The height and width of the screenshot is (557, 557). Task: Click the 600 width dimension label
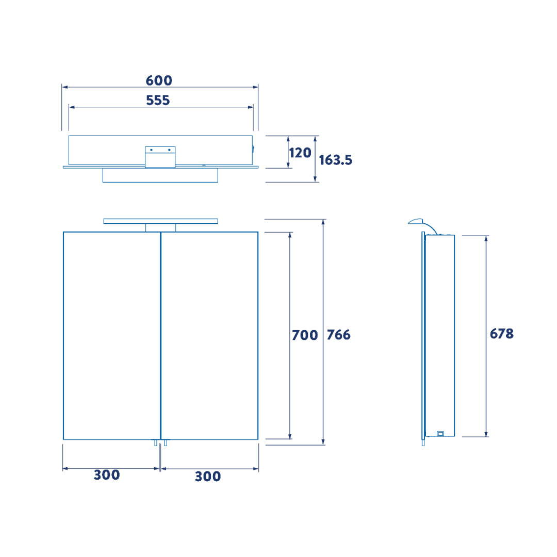point(159,80)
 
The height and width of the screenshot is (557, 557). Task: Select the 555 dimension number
point(158,101)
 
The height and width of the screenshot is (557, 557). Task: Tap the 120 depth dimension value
point(300,153)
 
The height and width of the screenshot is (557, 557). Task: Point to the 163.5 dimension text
point(335,160)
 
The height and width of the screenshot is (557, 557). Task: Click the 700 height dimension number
point(305,335)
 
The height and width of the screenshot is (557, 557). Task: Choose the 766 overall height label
point(338,335)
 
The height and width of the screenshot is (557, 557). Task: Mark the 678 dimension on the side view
point(502,334)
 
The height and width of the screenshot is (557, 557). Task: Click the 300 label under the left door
point(107,475)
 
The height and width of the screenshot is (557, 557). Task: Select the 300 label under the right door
point(208,477)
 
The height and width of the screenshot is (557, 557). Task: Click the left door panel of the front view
point(112,336)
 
